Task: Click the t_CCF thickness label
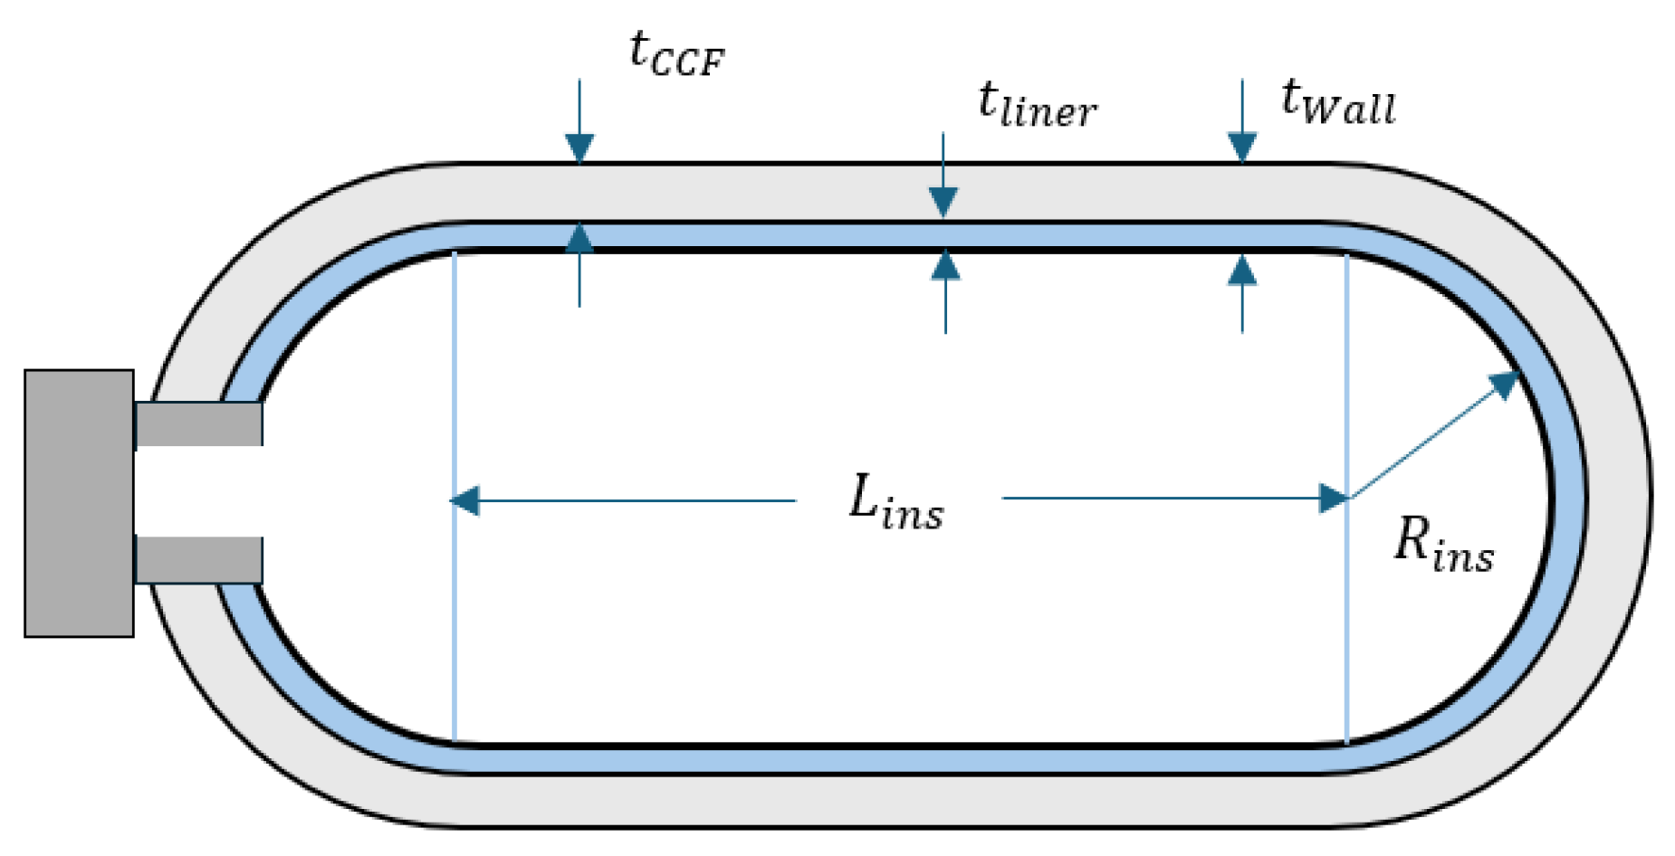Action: pyautogui.click(x=676, y=53)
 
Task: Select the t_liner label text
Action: pyautogui.click(x=1037, y=104)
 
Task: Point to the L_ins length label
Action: pyautogui.click(x=895, y=501)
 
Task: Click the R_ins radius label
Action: pyautogui.click(x=1443, y=545)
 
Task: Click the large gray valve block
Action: pyautogui.click(x=80, y=503)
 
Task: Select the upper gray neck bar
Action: pyautogui.click(x=199, y=423)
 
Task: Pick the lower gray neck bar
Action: pyautogui.click(x=199, y=560)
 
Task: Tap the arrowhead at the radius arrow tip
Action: pyautogui.click(x=1505, y=384)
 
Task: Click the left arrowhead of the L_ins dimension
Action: pyautogui.click(x=464, y=500)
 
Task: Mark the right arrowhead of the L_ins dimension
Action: pyautogui.click(x=1335, y=499)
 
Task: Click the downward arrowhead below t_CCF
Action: pyautogui.click(x=579, y=148)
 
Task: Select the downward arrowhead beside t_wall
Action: pyautogui.click(x=1242, y=147)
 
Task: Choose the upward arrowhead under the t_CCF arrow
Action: pyautogui.click(x=579, y=237)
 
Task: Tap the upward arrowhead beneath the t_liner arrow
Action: pyautogui.click(x=945, y=264)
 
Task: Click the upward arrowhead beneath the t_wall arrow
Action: pyautogui.click(x=1242, y=269)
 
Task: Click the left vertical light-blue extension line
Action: pyautogui.click(x=455, y=497)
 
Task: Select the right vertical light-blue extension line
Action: pyautogui.click(x=1347, y=498)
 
